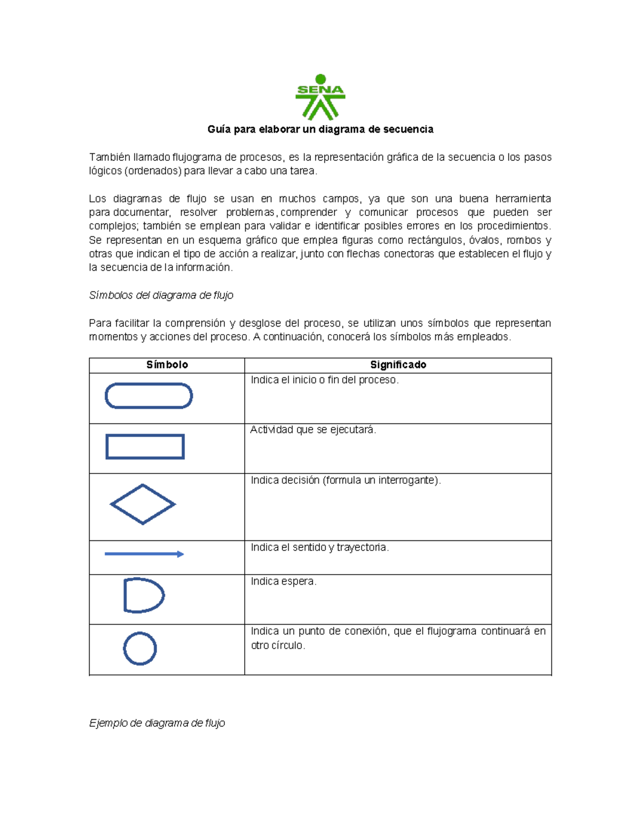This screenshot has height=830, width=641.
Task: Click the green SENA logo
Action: tap(320, 97)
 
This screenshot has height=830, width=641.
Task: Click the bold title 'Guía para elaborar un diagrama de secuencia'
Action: tap(320, 129)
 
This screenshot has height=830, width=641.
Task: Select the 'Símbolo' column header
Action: tap(167, 365)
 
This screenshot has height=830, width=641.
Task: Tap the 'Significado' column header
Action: tap(398, 365)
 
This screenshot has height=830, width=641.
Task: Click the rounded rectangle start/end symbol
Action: tap(148, 396)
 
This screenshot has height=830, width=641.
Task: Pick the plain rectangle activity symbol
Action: tap(145, 447)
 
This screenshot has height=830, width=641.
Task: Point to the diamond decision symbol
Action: tap(143, 504)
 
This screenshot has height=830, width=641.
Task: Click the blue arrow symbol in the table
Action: tap(144, 554)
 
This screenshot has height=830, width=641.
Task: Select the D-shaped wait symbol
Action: tap(143, 595)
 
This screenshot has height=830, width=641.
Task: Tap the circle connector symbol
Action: tap(140, 649)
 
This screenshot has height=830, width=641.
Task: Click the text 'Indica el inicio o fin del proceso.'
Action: tap(325, 380)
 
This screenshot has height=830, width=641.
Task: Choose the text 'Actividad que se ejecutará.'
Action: tap(313, 430)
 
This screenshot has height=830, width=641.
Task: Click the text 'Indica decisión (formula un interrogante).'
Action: tap(346, 480)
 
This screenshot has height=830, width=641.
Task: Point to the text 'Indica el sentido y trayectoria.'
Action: tap(319, 548)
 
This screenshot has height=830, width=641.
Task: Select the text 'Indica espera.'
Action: tap(284, 581)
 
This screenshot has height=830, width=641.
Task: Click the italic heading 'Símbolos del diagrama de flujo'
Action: tap(161, 296)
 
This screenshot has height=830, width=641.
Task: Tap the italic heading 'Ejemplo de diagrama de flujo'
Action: tap(157, 723)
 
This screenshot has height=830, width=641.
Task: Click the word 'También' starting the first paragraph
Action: tap(109, 157)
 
